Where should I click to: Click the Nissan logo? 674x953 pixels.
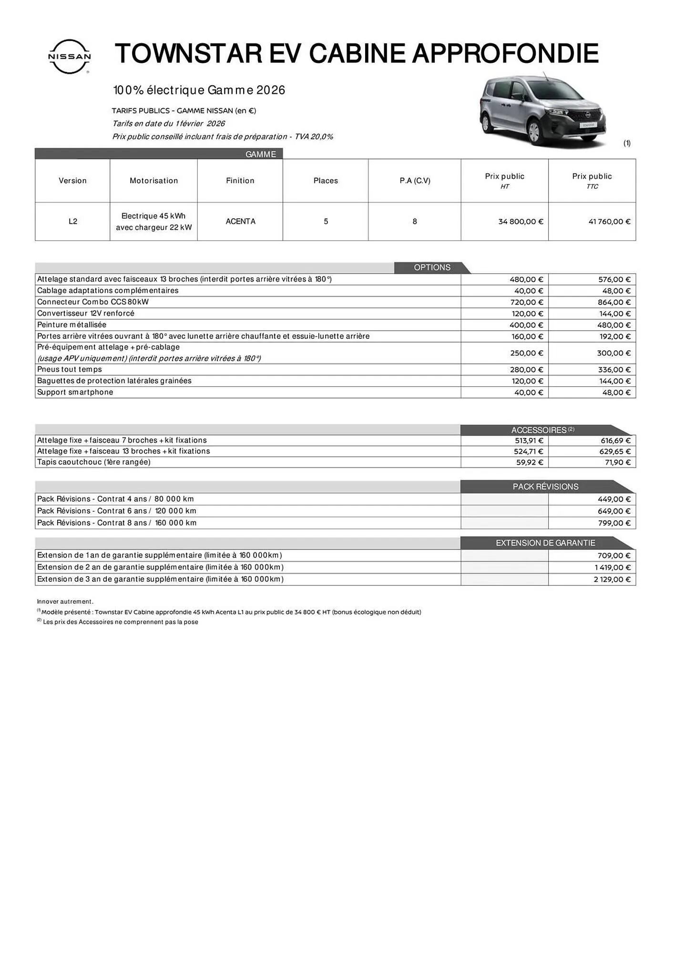70,56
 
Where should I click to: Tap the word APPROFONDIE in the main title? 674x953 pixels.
505,53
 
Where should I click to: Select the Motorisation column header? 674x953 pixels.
153,181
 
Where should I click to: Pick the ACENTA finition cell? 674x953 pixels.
240,222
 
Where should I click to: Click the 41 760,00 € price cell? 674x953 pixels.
609,222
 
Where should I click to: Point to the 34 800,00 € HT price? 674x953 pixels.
521,222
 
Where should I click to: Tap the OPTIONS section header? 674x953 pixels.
432,267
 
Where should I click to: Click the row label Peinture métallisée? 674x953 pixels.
72,325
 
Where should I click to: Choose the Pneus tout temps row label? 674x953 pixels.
70,370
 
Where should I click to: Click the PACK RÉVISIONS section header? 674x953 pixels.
545,487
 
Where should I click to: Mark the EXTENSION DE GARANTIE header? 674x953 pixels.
545,543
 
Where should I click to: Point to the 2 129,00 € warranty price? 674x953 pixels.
612,579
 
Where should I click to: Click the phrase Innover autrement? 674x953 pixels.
65,602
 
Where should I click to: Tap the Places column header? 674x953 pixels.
326,181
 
